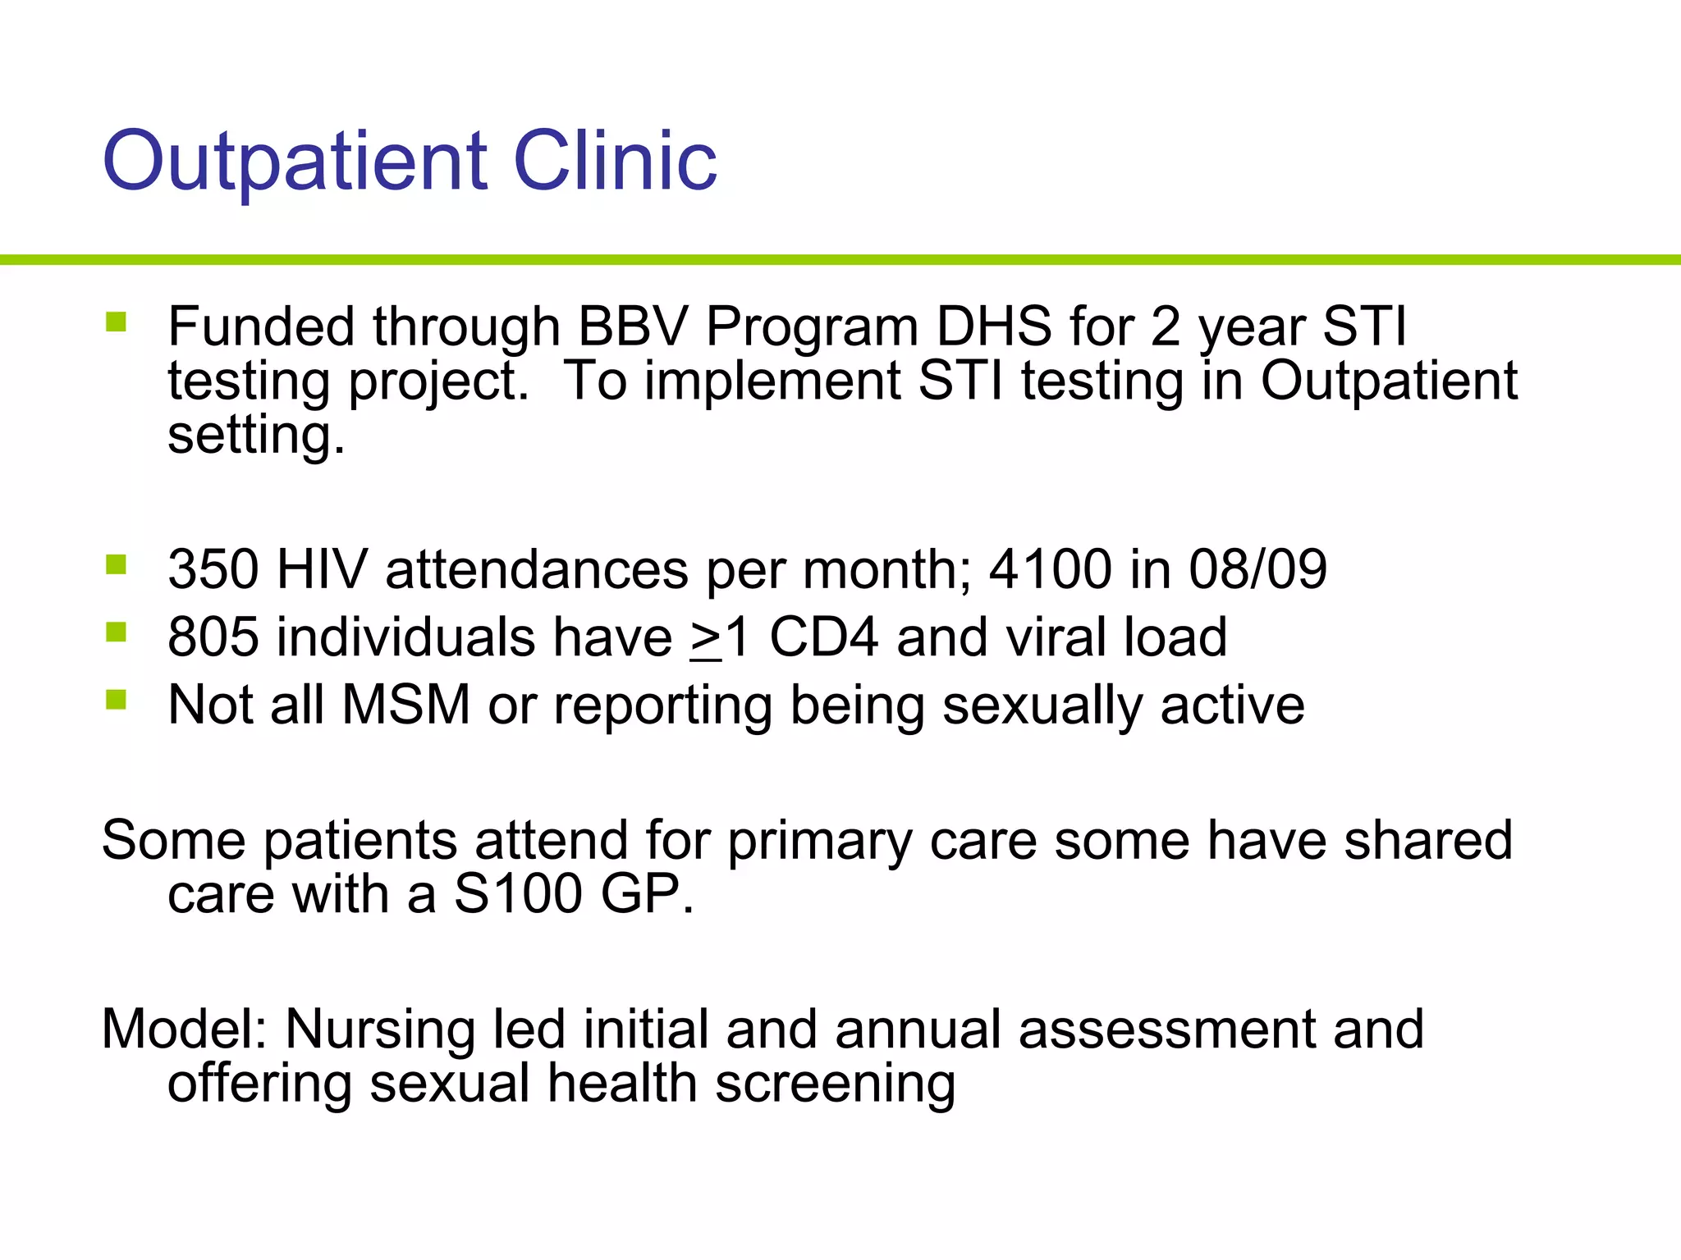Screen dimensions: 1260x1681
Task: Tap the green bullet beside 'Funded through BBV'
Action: [116, 322]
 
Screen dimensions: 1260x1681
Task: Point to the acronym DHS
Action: [993, 326]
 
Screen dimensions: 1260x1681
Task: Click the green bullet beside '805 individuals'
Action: [116, 632]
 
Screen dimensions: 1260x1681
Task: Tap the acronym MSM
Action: [405, 705]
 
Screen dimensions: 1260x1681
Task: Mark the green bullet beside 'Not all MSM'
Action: [116, 700]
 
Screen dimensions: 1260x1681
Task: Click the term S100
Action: [518, 893]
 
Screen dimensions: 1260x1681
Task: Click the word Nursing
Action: [379, 1030]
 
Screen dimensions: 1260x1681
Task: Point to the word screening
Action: [835, 1084]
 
